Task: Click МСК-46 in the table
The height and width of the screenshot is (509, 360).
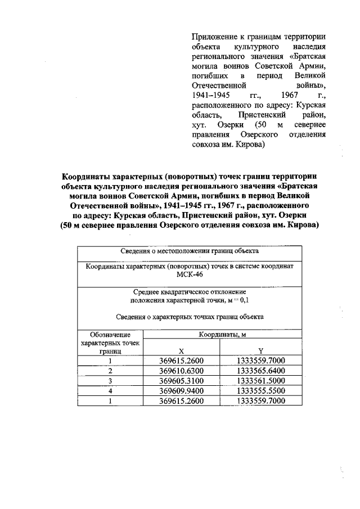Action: (x=189, y=276)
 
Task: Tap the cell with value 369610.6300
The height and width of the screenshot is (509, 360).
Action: (x=181, y=371)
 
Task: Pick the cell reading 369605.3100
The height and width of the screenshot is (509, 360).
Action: (x=181, y=381)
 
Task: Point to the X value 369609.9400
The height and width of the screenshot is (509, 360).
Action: (x=181, y=391)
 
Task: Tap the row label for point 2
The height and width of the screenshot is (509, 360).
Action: (x=111, y=371)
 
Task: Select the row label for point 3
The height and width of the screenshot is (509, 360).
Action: (x=111, y=381)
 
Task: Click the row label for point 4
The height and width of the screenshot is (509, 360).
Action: (x=111, y=391)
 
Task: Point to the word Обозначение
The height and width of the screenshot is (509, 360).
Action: (x=111, y=335)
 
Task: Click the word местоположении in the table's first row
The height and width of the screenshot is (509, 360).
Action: (x=180, y=251)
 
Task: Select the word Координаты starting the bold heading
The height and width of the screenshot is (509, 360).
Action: (x=87, y=174)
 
